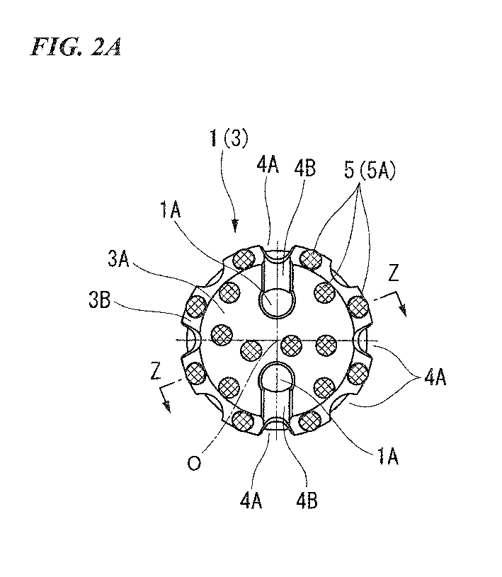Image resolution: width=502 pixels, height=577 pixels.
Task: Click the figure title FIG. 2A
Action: click(76, 46)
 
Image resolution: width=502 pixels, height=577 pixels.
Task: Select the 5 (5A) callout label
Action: click(370, 171)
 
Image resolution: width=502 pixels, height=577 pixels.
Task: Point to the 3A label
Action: click(118, 258)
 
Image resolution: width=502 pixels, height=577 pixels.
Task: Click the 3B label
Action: click(99, 300)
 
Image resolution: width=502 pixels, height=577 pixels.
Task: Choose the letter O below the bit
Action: click(194, 462)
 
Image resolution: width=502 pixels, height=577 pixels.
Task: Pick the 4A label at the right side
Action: click(435, 377)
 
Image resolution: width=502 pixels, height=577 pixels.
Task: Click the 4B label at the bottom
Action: click(307, 501)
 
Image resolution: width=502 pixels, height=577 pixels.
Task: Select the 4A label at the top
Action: click(268, 165)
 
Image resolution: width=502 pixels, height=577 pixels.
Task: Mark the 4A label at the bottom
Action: click(251, 501)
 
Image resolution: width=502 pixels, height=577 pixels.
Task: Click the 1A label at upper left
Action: click(171, 211)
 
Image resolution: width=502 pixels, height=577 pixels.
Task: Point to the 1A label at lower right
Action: click(387, 457)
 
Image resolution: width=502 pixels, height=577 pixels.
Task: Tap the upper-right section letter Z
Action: click(394, 273)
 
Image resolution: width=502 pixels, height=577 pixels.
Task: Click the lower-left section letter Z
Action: click(156, 371)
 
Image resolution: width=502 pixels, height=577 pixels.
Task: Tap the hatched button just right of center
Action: click(292, 346)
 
